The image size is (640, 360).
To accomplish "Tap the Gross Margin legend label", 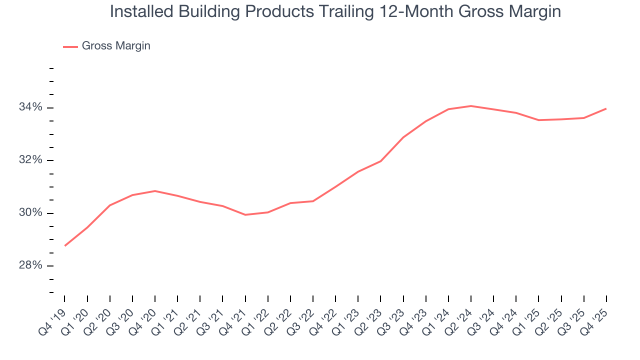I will [116, 46].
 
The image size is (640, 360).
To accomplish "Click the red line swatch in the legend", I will [70, 46].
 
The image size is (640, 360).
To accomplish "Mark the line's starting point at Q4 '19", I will [65, 245].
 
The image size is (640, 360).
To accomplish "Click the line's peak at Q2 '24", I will [471, 106].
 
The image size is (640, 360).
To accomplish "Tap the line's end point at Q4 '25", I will [606, 108].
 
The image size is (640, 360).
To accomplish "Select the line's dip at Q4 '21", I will [245, 214].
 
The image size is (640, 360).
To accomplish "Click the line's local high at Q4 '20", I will [155, 191].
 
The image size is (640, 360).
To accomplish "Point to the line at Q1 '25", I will [538, 120].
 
